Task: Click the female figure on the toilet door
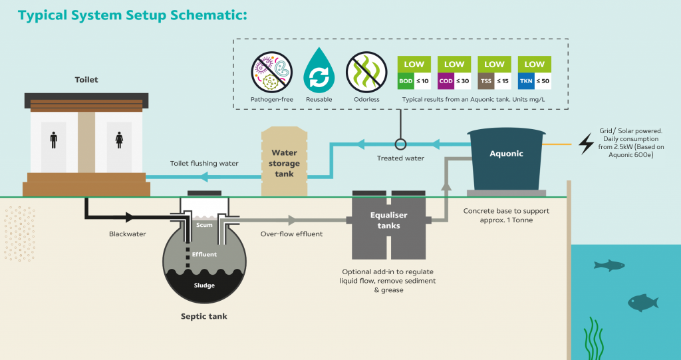pos(120,140)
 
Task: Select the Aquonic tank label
pos(507,154)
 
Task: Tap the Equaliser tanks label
pos(388,220)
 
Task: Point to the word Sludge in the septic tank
pos(204,285)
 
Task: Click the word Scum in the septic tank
pos(204,225)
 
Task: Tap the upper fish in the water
pos(609,265)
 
